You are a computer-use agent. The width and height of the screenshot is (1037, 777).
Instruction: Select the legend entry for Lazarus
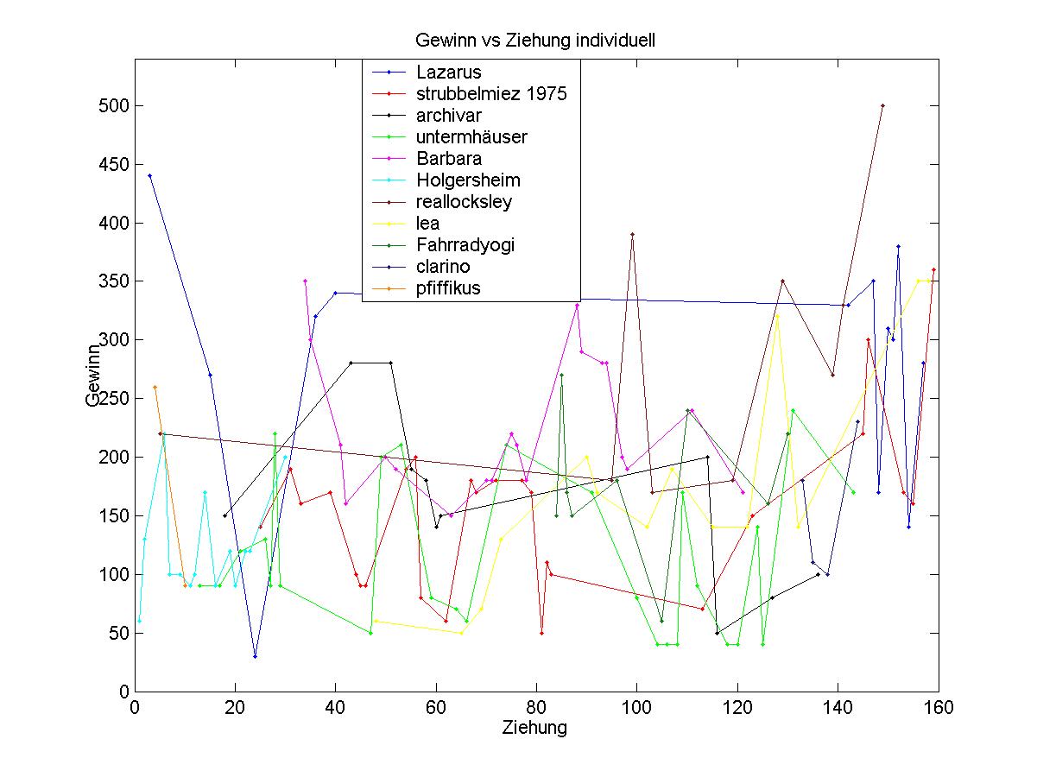pyautogui.click(x=448, y=73)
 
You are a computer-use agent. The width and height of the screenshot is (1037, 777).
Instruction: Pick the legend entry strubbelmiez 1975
pyautogui.click(x=490, y=94)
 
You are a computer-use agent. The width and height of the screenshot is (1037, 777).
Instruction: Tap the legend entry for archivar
pyautogui.click(x=448, y=116)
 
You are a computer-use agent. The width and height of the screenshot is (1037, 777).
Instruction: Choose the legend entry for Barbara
pyautogui.click(x=448, y=159)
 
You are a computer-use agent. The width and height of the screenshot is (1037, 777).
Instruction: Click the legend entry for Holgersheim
pyautogui.click(x=467, y=180)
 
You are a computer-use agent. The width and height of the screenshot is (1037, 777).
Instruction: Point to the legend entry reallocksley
pyautogui.click(x=464, y=202)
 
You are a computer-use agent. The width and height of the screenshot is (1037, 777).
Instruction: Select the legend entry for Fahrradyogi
pyautogui.click(x=465, y=245)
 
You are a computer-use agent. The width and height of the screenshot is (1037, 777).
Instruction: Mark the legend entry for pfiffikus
pyautogui.click(x=447, y=288)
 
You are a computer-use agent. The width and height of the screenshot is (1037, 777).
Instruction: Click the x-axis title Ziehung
pyautogui.click(x=534, y=728)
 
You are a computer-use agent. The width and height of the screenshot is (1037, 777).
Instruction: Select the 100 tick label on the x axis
pyautogui.click(x=636, y=708)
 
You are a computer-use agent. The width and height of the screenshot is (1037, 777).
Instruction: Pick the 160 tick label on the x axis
pyautogui.click(x=938, y=708)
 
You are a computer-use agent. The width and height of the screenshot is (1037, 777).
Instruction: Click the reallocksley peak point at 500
pyautogui.click(x=882, y=106)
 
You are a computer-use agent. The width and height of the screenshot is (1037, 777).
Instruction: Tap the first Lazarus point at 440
pyautogui.click(x=149, y=176)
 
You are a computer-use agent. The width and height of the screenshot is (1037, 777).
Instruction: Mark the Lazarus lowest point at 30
pyautogui.click(x=255, y=656)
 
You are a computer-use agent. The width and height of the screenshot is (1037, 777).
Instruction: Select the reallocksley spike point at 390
pyautogui.click(x=632, y=234)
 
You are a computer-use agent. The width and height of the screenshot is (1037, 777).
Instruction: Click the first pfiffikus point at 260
pyautogui.click(x=155, y=387)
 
